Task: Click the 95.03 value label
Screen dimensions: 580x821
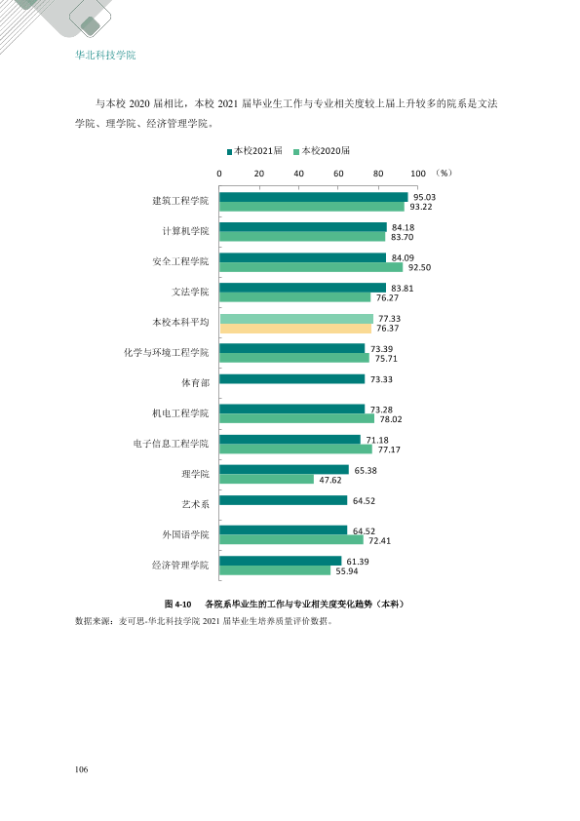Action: point(424,197)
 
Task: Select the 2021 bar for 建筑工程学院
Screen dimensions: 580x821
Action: point(314,197)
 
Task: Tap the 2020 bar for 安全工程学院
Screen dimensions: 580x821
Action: point(311,267)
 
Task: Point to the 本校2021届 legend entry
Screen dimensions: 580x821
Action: point(254,151)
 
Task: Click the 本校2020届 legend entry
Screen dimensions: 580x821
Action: point(322,151)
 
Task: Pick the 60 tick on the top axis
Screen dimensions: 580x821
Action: point(338,174)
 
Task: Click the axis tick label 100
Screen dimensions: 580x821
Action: point(418,174)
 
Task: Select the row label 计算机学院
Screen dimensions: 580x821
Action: point(185,231)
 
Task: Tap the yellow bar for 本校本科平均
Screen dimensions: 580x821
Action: point(295,329)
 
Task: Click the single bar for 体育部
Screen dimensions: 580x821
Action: point(292,378)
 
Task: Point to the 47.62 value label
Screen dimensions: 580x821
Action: point(330,480)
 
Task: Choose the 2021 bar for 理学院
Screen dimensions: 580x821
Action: point(285,470)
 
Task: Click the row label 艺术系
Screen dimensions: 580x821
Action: point(195,504)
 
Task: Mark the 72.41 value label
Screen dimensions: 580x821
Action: point(379,540)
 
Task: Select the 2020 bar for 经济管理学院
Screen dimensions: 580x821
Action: point(275,570)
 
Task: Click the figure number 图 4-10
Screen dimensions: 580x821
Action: point(178,604)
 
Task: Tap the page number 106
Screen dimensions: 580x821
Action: point(81,769)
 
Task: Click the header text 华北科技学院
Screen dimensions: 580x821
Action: point(105,55)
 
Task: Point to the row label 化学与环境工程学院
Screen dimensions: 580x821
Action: point(167,352)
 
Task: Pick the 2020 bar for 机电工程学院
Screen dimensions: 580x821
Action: point(296,419)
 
